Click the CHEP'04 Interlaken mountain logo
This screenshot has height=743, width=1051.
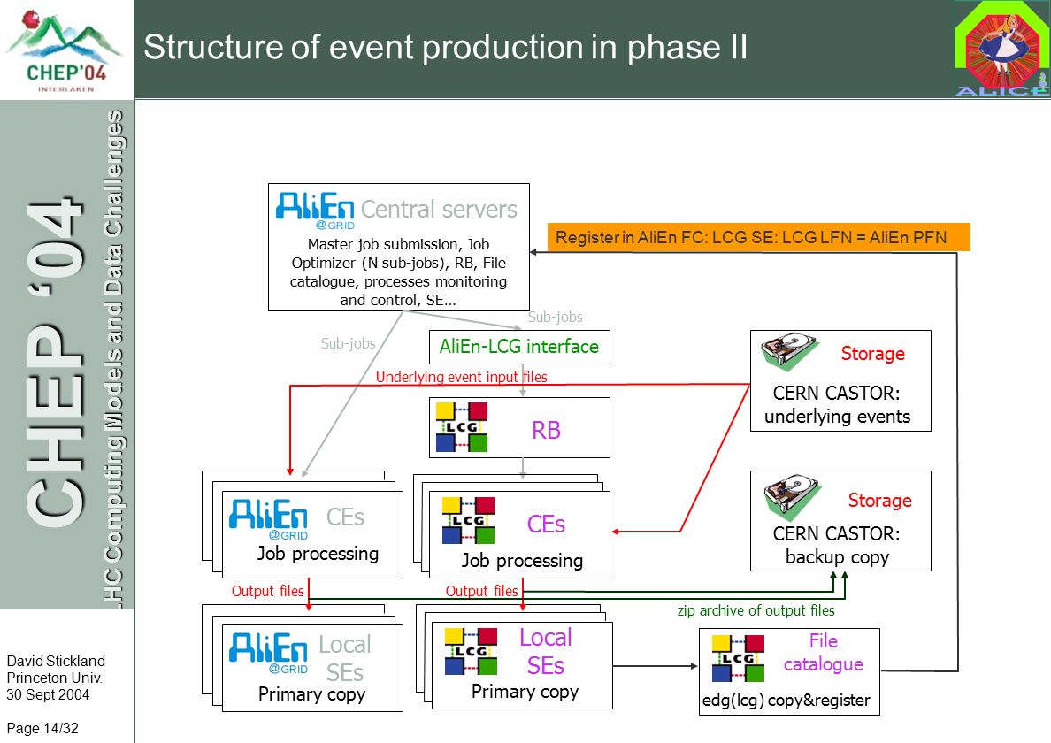pos(65,50)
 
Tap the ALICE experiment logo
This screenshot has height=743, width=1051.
pos(1001,49)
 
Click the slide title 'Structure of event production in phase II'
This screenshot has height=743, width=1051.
pos(445,47)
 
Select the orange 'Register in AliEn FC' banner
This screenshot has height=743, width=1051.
pos(759,237)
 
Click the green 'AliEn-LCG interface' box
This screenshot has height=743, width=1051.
pos(519,347)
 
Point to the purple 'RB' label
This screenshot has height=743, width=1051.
pos(546,430)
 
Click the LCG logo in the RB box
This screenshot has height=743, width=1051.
pos(462,426)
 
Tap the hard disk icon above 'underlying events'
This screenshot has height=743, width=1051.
pos(790,350)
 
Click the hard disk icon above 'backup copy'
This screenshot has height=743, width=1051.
pos(793,496)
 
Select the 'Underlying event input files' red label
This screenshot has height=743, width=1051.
pos(461,377)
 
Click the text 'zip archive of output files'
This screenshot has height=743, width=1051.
pos(756,610)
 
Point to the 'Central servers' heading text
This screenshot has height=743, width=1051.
pos(439,209)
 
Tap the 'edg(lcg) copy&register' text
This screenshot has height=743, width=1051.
pos(786,701)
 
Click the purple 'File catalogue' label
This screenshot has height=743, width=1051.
pos(823,653)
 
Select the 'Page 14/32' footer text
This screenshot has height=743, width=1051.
pos(42,728)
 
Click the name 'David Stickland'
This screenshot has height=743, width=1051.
pos(56,662)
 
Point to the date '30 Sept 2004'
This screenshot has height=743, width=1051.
pos(48,694)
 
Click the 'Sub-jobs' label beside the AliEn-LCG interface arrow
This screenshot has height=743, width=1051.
pos(555,317)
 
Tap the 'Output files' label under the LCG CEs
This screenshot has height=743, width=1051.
pos(482,591)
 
